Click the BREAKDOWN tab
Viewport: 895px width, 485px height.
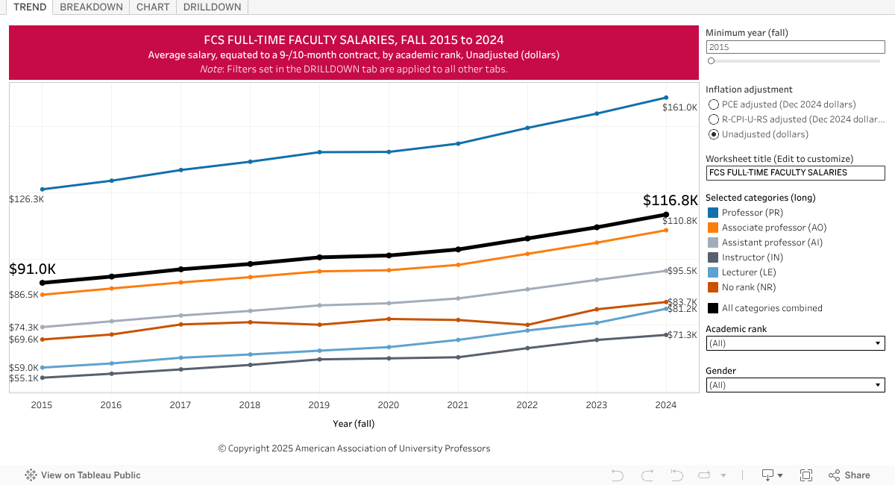tap(90, 7)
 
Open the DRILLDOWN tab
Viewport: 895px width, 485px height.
tap(212, 7)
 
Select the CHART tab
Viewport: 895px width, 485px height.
tap(153, 7)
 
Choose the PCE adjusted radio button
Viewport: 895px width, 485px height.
tap(714, 104)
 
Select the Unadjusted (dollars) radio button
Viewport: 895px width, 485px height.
tap(714, 134)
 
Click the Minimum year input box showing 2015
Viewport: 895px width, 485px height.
tap(795, 47)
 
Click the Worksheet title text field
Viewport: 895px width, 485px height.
tap(795, 172)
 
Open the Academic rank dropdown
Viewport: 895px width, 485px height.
tap(795, 343)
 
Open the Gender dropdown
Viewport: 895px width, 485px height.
tap(795, 385)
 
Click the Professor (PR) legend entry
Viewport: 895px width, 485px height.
tap(752, 213)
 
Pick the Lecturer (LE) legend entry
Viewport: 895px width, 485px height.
tap(749, 272)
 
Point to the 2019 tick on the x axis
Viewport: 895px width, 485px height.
tap(319, 405)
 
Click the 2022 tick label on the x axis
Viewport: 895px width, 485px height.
tap(527, 405)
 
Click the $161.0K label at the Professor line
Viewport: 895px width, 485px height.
tap(679, 107)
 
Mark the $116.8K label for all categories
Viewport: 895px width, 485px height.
tap(670, 200)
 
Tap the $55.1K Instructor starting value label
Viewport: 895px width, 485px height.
tap(24, 378)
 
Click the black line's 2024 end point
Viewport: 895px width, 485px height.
tap(666, 214)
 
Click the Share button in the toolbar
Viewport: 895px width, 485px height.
tap(849, 475)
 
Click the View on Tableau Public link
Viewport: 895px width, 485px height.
tap(83, 475)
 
